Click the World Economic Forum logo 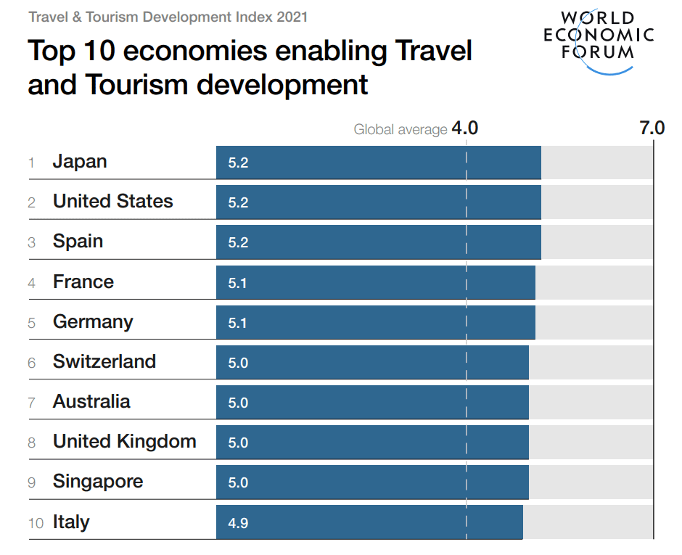click(599, 40)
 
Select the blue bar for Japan click(378, 163)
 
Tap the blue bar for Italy click(369, 522)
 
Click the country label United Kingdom click(124, 442)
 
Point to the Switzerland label click(104, 361)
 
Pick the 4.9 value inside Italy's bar click(238, 522)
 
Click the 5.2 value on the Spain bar click(238, 242)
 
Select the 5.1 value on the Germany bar click(238, 323)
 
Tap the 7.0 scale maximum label click(651, 128)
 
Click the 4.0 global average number click(464, 128)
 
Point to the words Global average click(400, 130)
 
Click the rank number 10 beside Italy click(36, 523)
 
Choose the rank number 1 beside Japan click(31, 163)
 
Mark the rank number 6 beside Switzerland click(31, 363)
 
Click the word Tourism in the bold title click(138, 85)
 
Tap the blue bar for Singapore click(372, 482)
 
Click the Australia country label click(91, 402)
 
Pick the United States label click(112, 202)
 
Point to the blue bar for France click(375, 282)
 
